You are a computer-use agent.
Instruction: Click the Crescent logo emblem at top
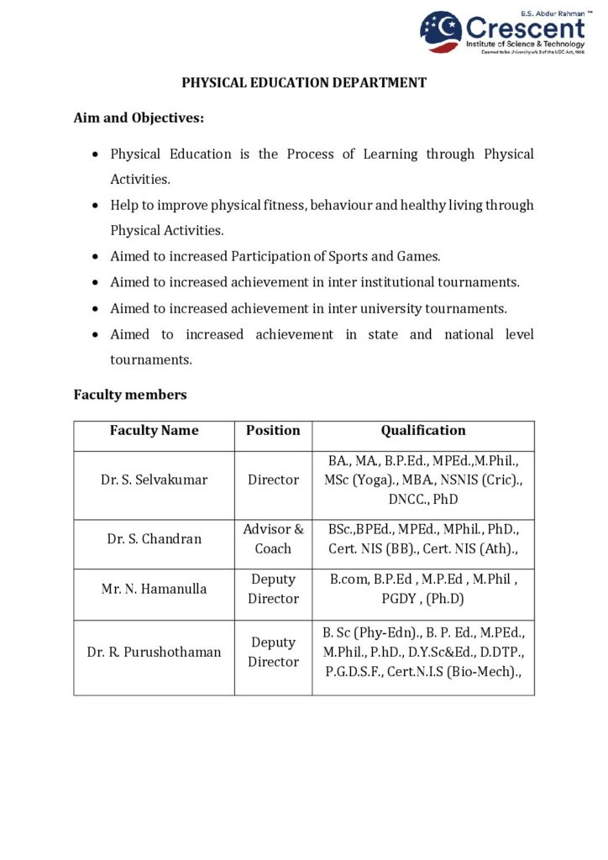pyautogui.click(x=441, y=32)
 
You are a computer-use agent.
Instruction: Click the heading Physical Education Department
pyautogui.click(x=304, y=83)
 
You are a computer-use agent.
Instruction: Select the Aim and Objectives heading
pyautogui.click(x=139, y=118)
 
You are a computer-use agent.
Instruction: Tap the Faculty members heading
pyautogui.click(x=130, y=394)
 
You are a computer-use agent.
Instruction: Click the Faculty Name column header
pyautogui.click(x=154, y=430)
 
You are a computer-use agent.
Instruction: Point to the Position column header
pyautogui.click(x=273, y=430)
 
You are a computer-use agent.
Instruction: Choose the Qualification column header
pyautogui.click(x=422, y=430)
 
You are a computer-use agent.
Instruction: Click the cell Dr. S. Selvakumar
pyautogui.click(x=154, y=480)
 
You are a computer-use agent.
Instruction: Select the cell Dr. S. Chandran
pyautogui.click(x=154, y=539)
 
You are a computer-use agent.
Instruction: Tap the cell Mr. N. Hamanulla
pyautogui.click(x=154, y=589)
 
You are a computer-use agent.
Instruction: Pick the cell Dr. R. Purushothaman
pyautogui.click(x=154, y=652)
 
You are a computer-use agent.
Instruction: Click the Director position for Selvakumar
pyautogui.click(x=273, y=480)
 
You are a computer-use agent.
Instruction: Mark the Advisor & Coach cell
pyautogui.click(x=273, y=539)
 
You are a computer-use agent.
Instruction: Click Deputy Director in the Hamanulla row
pyautogui.click(x=273, y=589)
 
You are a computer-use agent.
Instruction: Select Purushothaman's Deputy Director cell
pyautogui.click(x=273, y=652)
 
